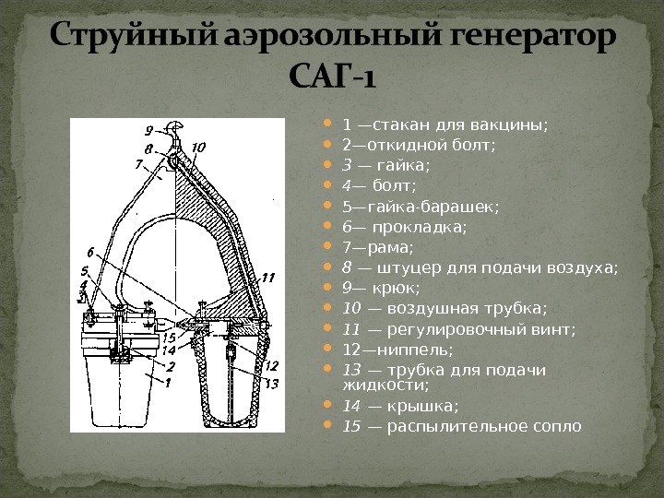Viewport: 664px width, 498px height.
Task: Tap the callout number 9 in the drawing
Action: (148, 129)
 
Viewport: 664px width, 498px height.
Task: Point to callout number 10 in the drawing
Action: (199, 147)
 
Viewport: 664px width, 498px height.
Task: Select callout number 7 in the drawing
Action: (140, 163)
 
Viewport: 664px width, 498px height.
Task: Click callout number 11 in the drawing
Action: (268, 276)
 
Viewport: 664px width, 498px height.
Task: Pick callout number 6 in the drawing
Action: (90, 252)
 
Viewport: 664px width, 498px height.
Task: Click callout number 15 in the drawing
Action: (169, 338)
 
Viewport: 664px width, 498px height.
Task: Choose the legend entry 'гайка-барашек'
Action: (421, 207)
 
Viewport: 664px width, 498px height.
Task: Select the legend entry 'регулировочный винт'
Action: (470, 328)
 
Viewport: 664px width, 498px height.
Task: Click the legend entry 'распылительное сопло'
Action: (474, 426)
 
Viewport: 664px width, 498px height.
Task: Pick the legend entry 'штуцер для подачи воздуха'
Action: (480, 267)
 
